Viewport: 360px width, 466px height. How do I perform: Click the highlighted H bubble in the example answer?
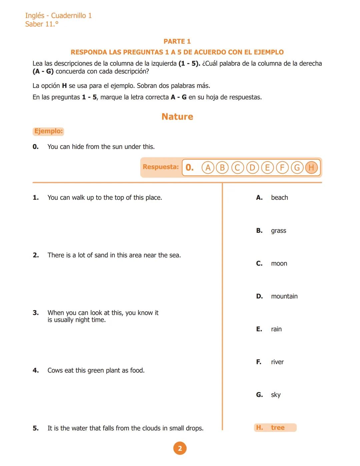coord(311,167)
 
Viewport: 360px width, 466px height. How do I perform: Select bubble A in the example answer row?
coord(208,167)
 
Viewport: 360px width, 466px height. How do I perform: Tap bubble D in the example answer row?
coord(252,167)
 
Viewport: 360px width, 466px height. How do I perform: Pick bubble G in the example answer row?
coord(297,167)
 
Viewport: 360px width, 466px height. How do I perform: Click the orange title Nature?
coord(177,116)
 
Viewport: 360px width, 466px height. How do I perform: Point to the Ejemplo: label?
coord(48,131)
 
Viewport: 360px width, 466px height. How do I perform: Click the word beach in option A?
coord(279,197)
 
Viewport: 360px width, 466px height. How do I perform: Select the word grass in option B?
coord(278,231)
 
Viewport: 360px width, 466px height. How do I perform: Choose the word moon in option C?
coord(279,264)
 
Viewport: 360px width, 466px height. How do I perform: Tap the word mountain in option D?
coord(284,296)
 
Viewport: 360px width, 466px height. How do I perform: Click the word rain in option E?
coord(276,329)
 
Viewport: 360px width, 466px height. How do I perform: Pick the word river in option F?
coord(277,362)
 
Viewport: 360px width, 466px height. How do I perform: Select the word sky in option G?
coord(276,395)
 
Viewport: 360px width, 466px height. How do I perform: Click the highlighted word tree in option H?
coord(278,428)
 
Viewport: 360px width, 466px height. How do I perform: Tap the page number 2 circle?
coord(180,448)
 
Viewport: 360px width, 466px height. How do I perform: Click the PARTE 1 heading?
coord(177,41)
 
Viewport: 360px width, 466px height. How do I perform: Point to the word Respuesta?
coord(161,167)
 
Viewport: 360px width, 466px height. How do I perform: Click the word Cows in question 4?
coord(55,370)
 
